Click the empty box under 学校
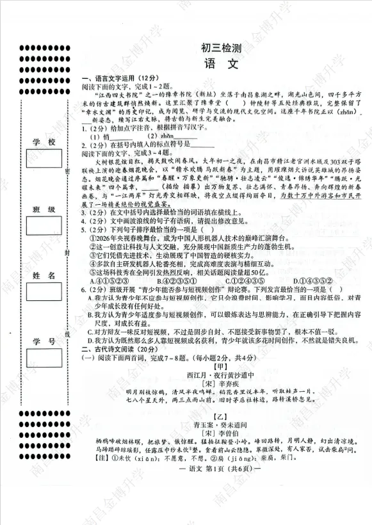point(44,158)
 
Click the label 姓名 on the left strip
point(44,275)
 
